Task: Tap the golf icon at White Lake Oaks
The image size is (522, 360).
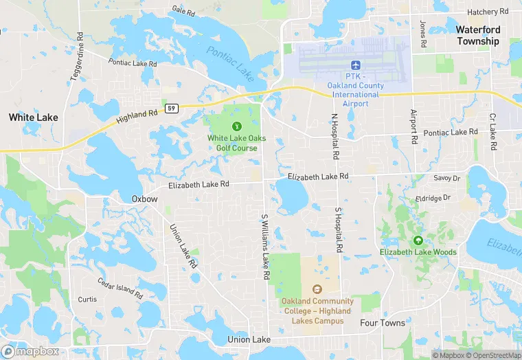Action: (x=237, y=126)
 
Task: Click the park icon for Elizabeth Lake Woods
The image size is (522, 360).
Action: (x=418, y=240)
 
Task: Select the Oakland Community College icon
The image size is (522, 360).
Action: (x=317, y=289)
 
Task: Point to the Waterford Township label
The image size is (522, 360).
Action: (x=479, y=35)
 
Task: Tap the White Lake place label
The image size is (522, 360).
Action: (x=33, y=117)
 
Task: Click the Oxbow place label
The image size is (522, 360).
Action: (x=145, y=199)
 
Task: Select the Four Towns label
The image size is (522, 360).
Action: (x=383, y=322)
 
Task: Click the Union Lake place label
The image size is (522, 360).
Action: (x=249, y=340)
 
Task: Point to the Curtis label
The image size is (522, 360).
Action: (x=87, y=300)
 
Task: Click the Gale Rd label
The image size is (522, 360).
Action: (x=185, y=11)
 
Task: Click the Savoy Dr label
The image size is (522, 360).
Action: (x=447, y=178)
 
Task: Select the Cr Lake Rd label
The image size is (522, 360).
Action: (x=492, y=132)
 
